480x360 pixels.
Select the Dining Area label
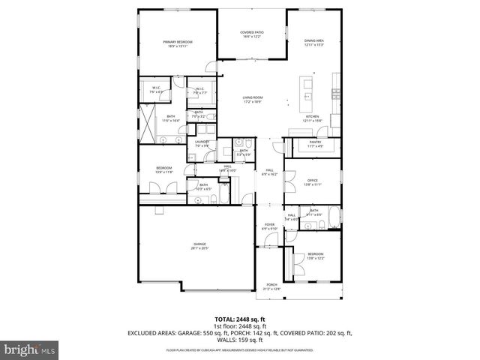pos(314,42)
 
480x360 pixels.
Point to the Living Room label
pos(252,99)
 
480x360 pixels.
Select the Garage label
pos(199,245)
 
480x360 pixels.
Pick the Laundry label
pos(202,142)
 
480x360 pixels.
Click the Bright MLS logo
pos(29,349)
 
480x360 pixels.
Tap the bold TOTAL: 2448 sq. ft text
pos(240,319)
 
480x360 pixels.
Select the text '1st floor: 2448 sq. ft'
pos(240,326)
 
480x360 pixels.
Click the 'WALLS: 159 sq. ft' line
pos(240,339)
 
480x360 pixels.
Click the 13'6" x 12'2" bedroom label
pos(315,256)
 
